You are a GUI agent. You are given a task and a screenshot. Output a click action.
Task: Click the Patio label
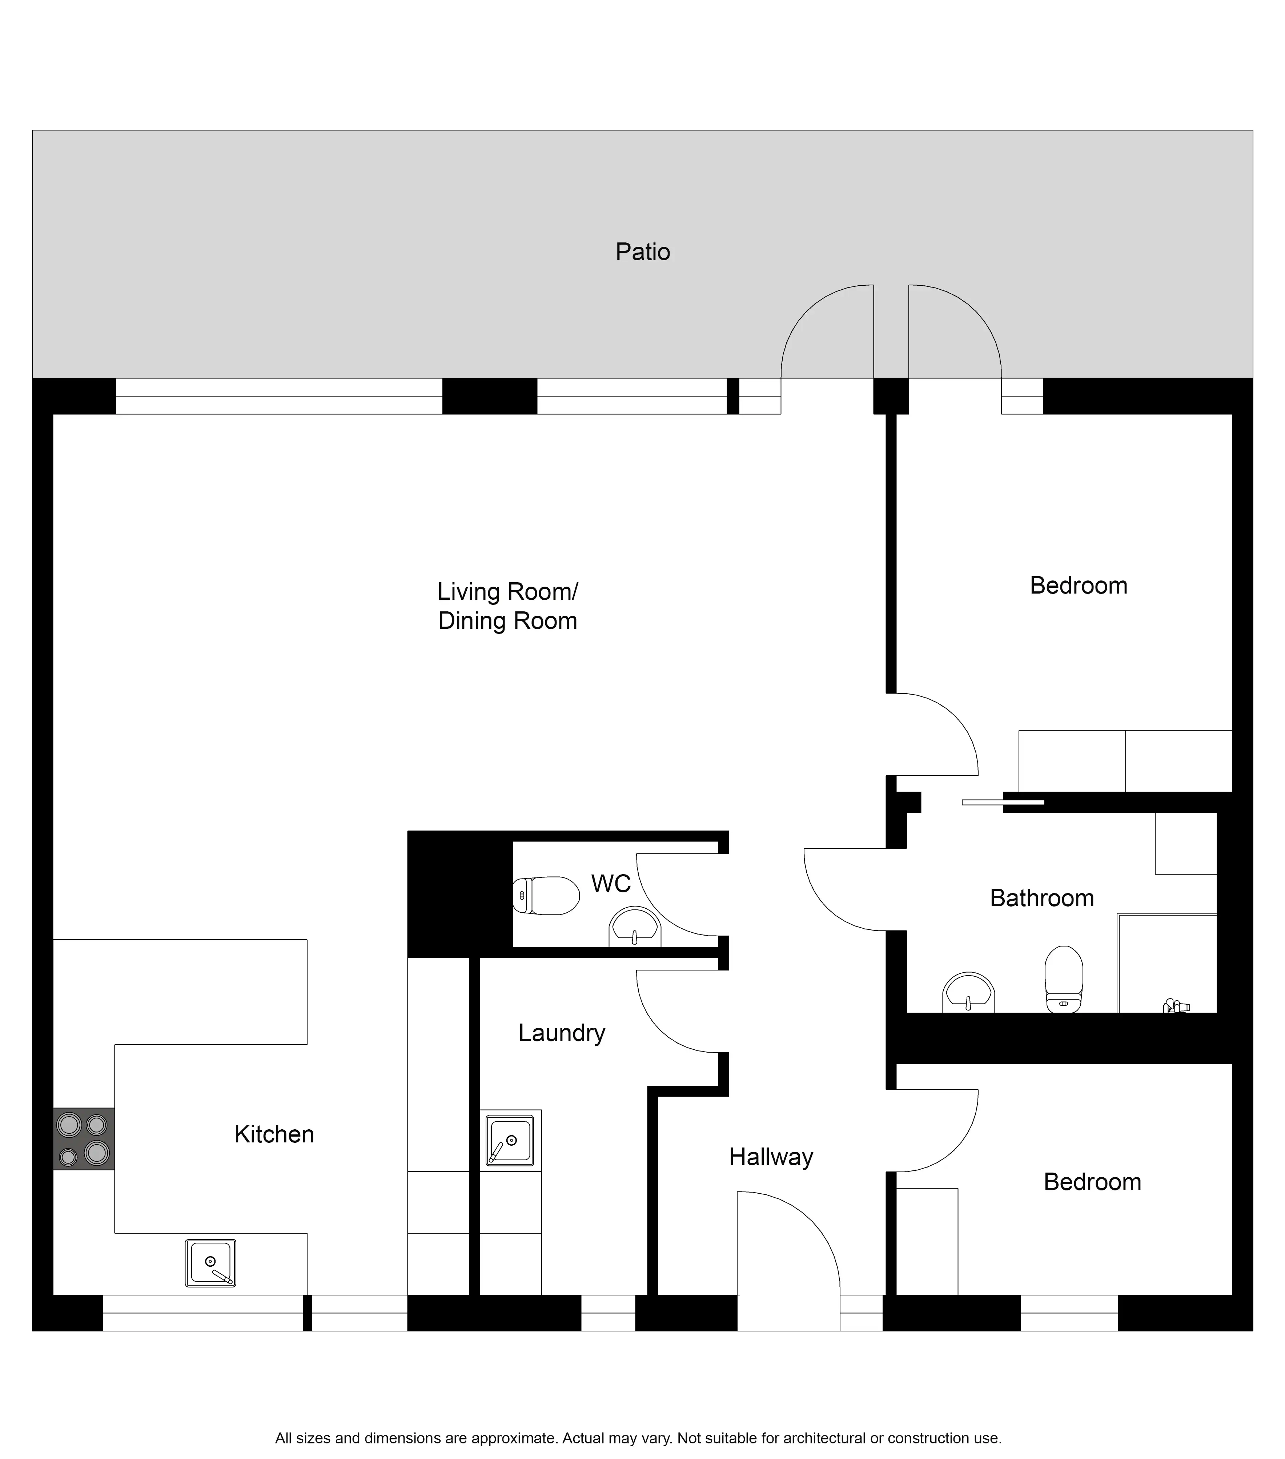(643, 252)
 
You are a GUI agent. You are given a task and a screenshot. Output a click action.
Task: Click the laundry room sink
(510, 1140)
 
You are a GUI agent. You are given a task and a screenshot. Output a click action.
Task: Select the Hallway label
(771, 1157)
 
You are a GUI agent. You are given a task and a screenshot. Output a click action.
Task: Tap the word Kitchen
(274, 1134)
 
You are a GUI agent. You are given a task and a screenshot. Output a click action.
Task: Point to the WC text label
(611, 884)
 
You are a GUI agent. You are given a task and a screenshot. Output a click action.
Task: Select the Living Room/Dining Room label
(507, 606)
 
